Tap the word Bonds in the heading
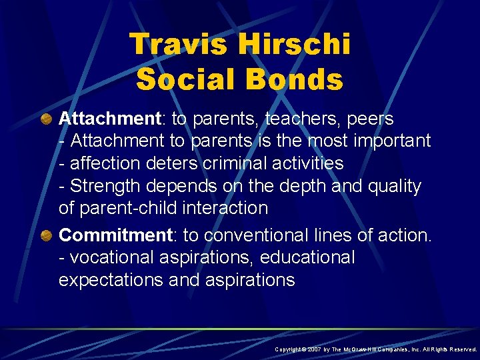tap(295, 79)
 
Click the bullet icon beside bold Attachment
tap(45, 119)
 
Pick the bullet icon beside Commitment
tap(45, 235)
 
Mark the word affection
tap(107, 163)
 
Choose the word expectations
tap(111, 280)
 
